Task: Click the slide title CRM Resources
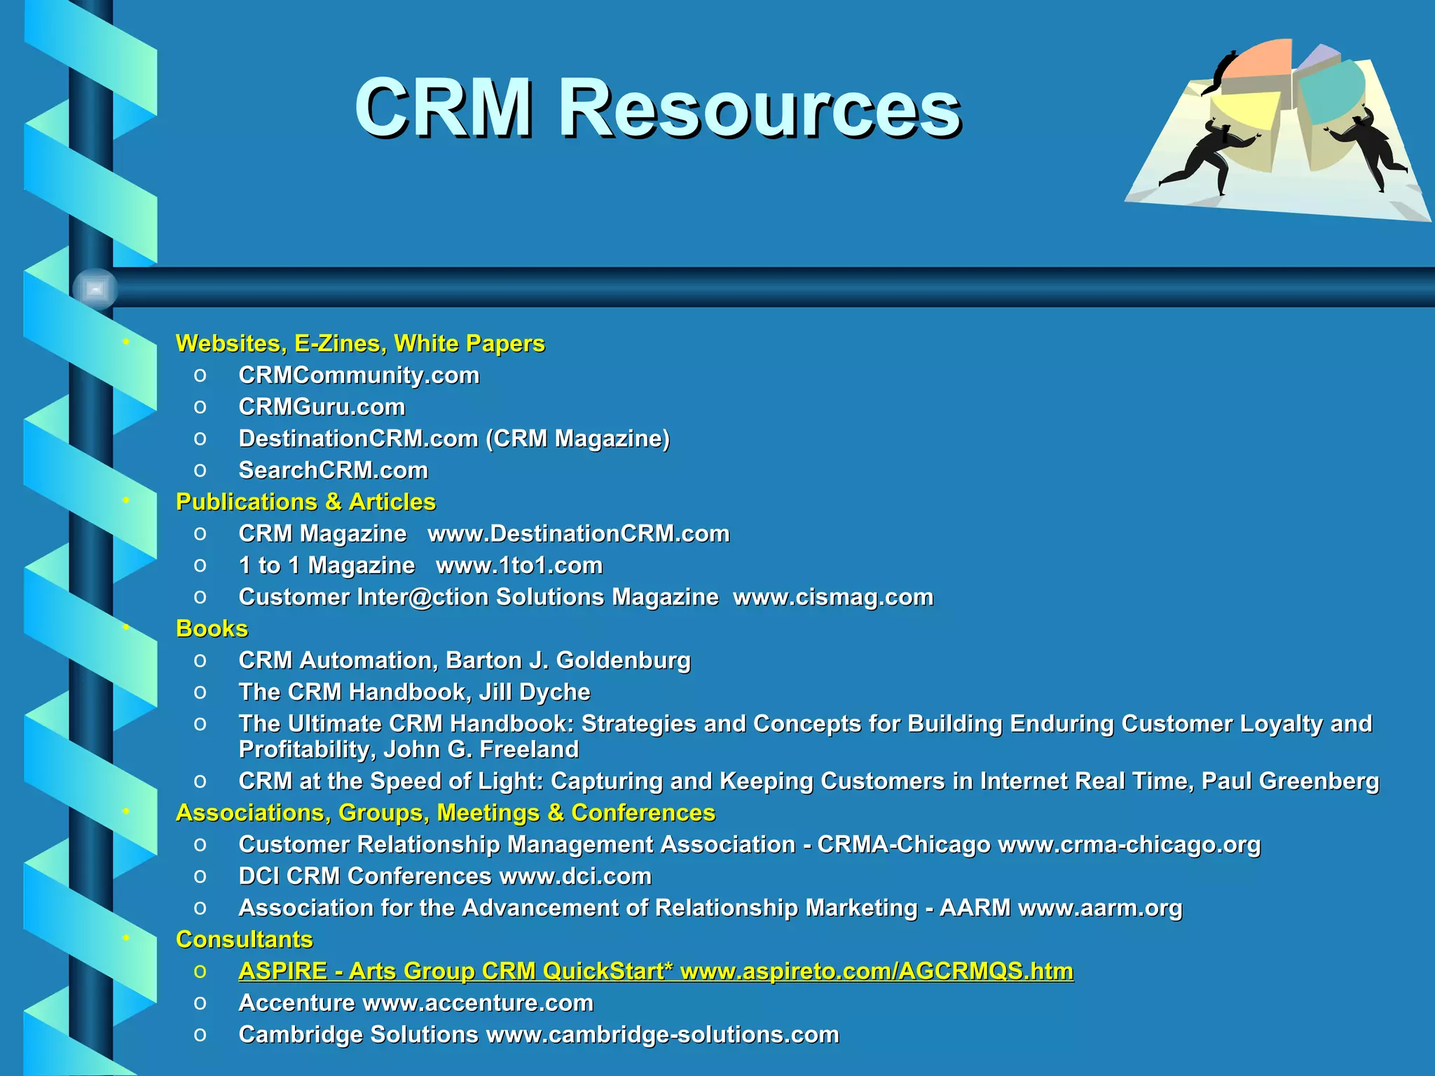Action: (657, 109)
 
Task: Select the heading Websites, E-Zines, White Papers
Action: (360, 343)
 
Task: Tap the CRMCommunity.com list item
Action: (359, 375)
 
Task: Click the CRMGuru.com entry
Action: (322, 407)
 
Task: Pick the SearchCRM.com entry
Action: (333, 470)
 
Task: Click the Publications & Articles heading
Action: (305, 502)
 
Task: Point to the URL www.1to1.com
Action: (519, 565)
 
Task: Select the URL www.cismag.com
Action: (833, 597)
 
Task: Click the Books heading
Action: (212, 628)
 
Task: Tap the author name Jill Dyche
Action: (535, 692)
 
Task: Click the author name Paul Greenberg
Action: (1290, 781)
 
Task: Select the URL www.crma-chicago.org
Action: (1129, 845)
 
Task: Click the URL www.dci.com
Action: (575, 876)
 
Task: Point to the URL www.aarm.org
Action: (1100, 908)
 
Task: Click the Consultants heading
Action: (244, 939)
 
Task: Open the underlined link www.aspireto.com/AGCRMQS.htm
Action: (877, 972)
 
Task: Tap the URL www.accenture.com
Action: (478, 1003)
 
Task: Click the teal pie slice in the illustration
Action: (1329, 91)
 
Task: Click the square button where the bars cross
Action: (95, 289)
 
